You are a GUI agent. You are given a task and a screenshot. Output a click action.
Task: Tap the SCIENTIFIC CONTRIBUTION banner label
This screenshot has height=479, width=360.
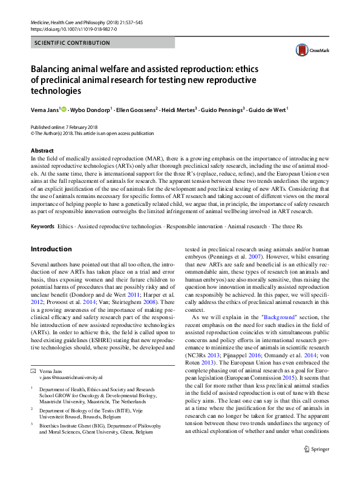(72, 43)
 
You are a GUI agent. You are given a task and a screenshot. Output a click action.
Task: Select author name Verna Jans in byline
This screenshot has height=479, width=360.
(45, 110)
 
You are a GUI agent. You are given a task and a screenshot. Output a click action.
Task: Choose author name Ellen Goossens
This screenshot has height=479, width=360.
(139, 110)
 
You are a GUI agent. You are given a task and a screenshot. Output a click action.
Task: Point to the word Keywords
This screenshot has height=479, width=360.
(42, 226)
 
